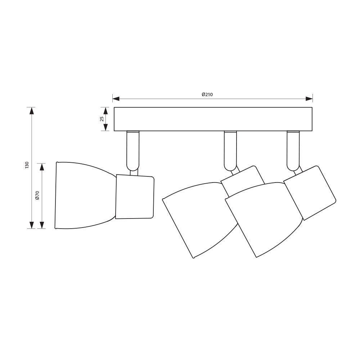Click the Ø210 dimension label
pyautogui.click(x=207, y=94)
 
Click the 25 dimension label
pyautogui.click(x=102, y=119)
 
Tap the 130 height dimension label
pyautogui.click(x=27, y=165)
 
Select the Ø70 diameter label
pyautogui.click(x=37, y=195)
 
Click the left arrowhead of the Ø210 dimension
pyautogui.click(x=116, y=99)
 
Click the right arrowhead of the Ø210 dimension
pyautogui.click(x=309, y=99)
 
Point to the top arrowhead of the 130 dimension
pyautogui.click(x=32, y=111)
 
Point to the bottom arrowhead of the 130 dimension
pyautogui.click(x=32, y=225)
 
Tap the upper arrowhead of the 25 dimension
pyautogui.click(x=105, y=111)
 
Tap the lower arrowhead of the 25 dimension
pyautogui.click(x=105, y=127)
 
